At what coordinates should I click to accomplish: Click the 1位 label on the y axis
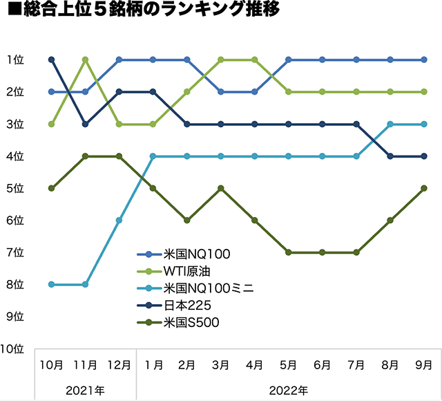click(x=16, y=59)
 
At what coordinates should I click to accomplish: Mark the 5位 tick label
click(x=16, y=188)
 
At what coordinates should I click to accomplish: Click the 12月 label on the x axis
click(x=119, y=364)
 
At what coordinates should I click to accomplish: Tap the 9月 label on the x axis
click(x=424, y=364)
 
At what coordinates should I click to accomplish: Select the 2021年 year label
click(x=86, y=390)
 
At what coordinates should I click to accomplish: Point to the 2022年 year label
click(x=289, y=390)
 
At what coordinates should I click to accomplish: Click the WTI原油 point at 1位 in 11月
click(x=85, y=59)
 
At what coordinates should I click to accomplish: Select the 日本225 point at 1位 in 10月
click(x=51, y=59)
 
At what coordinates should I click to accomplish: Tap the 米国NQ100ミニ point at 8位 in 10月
click(x=51, y=284)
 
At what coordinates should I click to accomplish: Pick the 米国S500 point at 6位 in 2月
click(x=186, y=220)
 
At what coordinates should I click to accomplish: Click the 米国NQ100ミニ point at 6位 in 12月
click(x=119, y=220)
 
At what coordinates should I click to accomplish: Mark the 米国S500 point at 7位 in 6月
click(x=323, y=252)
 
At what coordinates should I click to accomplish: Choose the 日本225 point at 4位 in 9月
click(x=424, y=156)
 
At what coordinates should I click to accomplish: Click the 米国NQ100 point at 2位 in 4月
click(x=255, y=91)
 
